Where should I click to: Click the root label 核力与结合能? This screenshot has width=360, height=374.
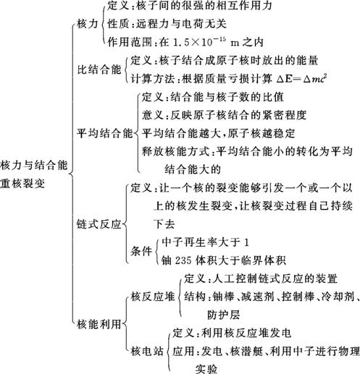tap(34, 165)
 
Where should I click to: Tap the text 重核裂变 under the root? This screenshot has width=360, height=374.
tap(22, 184)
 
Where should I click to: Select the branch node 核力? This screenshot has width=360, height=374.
tap(88, 24)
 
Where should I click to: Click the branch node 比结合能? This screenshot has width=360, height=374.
tap(99, 70)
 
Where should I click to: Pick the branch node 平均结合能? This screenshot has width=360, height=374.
tap(105, 133)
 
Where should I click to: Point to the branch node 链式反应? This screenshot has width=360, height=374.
tap(99, 224)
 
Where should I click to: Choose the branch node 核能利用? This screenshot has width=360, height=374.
tap(99, 324)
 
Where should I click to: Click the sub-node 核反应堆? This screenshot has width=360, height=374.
tap(153, 297)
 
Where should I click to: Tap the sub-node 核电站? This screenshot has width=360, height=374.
tap(147, 351)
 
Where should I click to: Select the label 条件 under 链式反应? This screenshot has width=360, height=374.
tap(141, 251)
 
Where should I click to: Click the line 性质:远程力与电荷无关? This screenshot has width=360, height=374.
tap(167, 24)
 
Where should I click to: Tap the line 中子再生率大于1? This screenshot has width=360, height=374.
tap(205, 242)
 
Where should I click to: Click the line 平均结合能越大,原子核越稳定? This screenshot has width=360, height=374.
tap(218, 133)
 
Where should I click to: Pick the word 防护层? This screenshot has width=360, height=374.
tap(223, 315)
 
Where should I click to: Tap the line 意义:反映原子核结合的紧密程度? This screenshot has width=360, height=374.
tap(224, 115)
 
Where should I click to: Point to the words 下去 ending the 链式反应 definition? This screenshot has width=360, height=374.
tap(164, 224)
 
